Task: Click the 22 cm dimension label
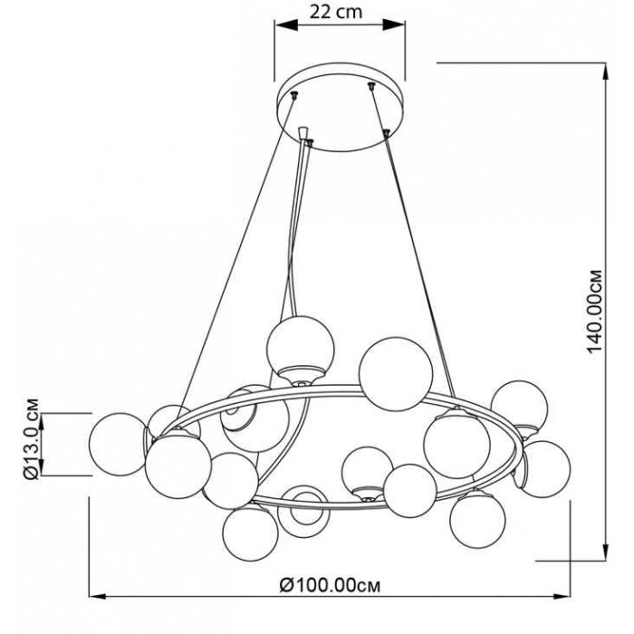coord(336,11)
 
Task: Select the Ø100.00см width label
coord(330,585)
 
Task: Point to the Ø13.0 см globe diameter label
coord(32,438)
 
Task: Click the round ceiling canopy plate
coord(341,107)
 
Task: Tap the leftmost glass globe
coord(118,444)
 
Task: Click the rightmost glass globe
coord(544,469)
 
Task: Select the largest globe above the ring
coord(396,374)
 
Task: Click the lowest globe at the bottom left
coord(250,534)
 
